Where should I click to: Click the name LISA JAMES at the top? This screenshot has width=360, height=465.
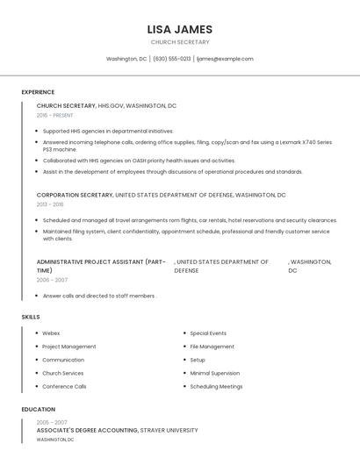pyautogui.click(x=180, y=29)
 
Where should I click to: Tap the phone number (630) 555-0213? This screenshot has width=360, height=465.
pyautogui.click(x=172, y=59)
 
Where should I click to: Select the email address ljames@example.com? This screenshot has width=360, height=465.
pyautogui.click(x=225, y=59)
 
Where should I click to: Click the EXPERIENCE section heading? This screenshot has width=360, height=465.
pyautogui.click(x=38, y=92)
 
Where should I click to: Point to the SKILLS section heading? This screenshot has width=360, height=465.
pyautogui.click(x=31, y=316)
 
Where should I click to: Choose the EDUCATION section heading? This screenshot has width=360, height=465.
pyautogui.click(x=39, y=409)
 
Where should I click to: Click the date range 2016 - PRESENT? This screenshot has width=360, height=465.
pyautogui.click(x=55, y=115)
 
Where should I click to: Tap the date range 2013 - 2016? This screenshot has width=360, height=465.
pyautogui.click(x=50, y=204)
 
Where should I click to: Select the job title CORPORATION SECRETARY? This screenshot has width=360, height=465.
pyautogui.click(x=75, y=195)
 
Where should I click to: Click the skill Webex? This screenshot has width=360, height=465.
pyautogui.click(x=51, y=333)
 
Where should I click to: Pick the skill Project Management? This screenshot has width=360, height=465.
pyautogui.click(x=69, y=347)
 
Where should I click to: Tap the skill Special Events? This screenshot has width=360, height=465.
pyautogui.click(x=208, y=333)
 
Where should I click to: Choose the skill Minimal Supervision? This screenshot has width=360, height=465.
pyautogui.click(x=214, y=373)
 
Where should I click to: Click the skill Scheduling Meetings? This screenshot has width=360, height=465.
pyautogui.click(x=216, y=386)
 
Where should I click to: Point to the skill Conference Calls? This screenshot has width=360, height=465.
pyautogui.click(x=64, y=386)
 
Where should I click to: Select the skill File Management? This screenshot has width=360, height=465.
pyautogui.click(x=212, y=347)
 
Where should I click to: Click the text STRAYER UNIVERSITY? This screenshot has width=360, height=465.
pyautogui.click(x=169, y=431)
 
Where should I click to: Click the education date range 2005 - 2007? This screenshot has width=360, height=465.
pyautogui.click(x=52, y=422)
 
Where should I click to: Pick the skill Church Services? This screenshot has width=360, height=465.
pyautogui.click(x=63, y=373)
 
